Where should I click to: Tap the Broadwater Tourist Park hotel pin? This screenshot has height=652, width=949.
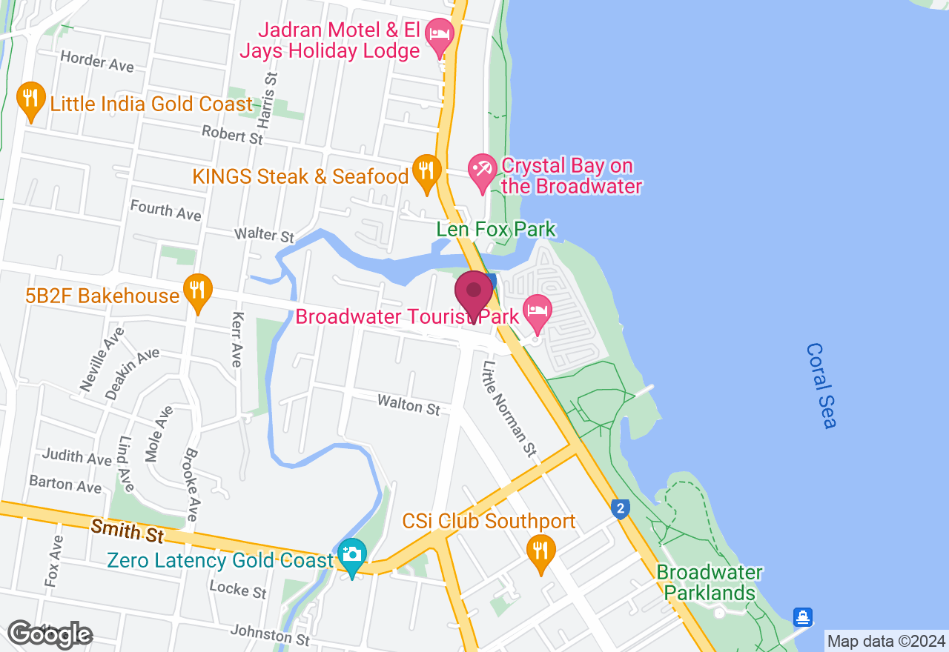click(x=537, y=311)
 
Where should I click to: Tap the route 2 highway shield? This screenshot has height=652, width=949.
click(x=621, y=508)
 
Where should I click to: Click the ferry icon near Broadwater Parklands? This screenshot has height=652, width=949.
click(x=802, y=616)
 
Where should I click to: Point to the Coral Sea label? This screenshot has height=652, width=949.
click(x=821, y=385)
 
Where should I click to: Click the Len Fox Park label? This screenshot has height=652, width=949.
click(x=496, y=230)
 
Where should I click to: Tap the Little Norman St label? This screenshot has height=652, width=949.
click(x=509, y=408)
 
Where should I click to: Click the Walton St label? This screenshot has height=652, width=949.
click(x=409, y=405)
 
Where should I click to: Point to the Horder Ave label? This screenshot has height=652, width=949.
click(x=97, y=61)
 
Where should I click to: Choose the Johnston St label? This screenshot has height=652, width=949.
click(x=270, y=634)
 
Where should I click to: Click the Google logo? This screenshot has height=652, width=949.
click(x=49, y=634)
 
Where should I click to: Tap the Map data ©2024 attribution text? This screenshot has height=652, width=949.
click(x=886, y=641)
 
